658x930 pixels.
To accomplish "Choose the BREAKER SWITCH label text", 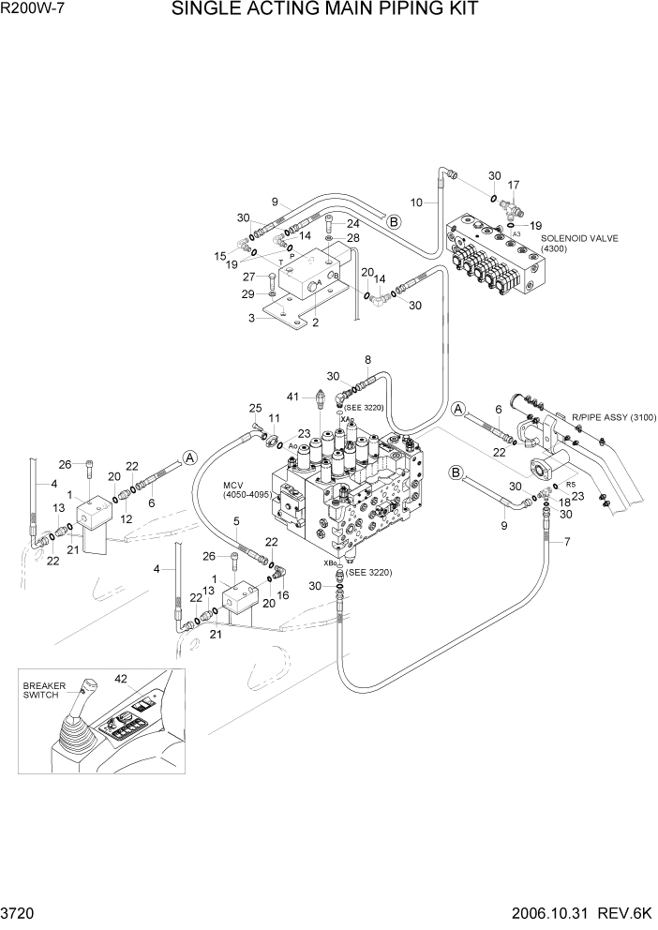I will click(x=45, y=691).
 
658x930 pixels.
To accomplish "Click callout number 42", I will click(x=121, y=678).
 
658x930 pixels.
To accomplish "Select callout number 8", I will click(x=367, y=359).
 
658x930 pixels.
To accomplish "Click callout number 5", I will click(x=236, y=520).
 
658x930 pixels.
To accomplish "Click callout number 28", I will click(x=352, y=238).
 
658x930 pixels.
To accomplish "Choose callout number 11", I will click(x=274, y=417).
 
